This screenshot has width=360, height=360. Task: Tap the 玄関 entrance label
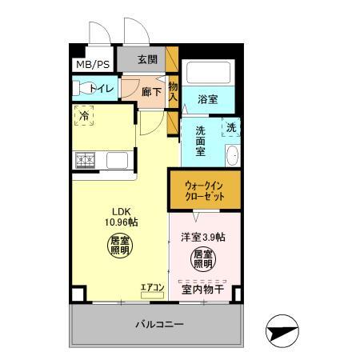[x=146, y=59]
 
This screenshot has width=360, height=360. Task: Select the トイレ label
[x=102, y=88]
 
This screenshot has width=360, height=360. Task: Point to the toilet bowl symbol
[x=82, y=88]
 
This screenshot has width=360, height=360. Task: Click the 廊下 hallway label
[x=151, y=91]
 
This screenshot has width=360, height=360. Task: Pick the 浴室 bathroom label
[x=209, y=100]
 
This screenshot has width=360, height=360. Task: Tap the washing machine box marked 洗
[x=230, y=128]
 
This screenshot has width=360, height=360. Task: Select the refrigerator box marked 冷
[x=85, y=116]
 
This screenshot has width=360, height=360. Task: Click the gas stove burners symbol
[x=86, y=160]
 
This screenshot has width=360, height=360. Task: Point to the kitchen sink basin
[x=119, y=160]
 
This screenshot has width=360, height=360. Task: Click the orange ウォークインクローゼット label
[x=204, y=190]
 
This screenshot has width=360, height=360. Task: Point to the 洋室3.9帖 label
[x=202, y=237]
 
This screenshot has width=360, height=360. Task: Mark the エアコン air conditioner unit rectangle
[x=152, y=296]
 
